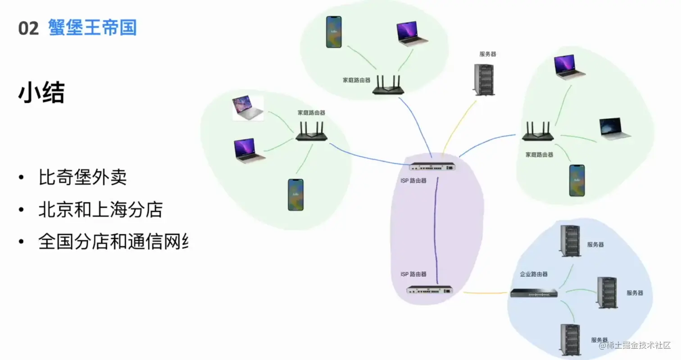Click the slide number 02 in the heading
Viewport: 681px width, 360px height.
point(28,28)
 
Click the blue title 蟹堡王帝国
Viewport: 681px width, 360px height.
point(92,27)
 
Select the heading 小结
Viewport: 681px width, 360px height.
point(41,94)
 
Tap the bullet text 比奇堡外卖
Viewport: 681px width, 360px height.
point(82,178)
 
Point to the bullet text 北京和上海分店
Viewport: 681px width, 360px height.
point(100,210)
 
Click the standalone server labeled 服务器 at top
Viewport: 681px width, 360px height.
point(484,80)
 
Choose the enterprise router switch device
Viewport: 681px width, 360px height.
point(534,293)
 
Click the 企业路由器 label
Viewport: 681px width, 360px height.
point(534,274)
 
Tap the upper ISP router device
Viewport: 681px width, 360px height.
point(433,167)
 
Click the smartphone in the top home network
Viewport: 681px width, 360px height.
point(334,32)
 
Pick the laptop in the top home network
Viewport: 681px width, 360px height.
point(413,33)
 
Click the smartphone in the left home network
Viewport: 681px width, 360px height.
point(295,195)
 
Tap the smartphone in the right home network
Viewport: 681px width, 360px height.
point(577,180)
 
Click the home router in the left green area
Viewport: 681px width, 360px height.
point(311,132)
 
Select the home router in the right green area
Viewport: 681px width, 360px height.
point(538,132)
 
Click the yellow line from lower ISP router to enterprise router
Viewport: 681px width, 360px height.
point(484,293)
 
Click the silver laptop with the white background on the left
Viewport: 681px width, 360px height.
point(248,109)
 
